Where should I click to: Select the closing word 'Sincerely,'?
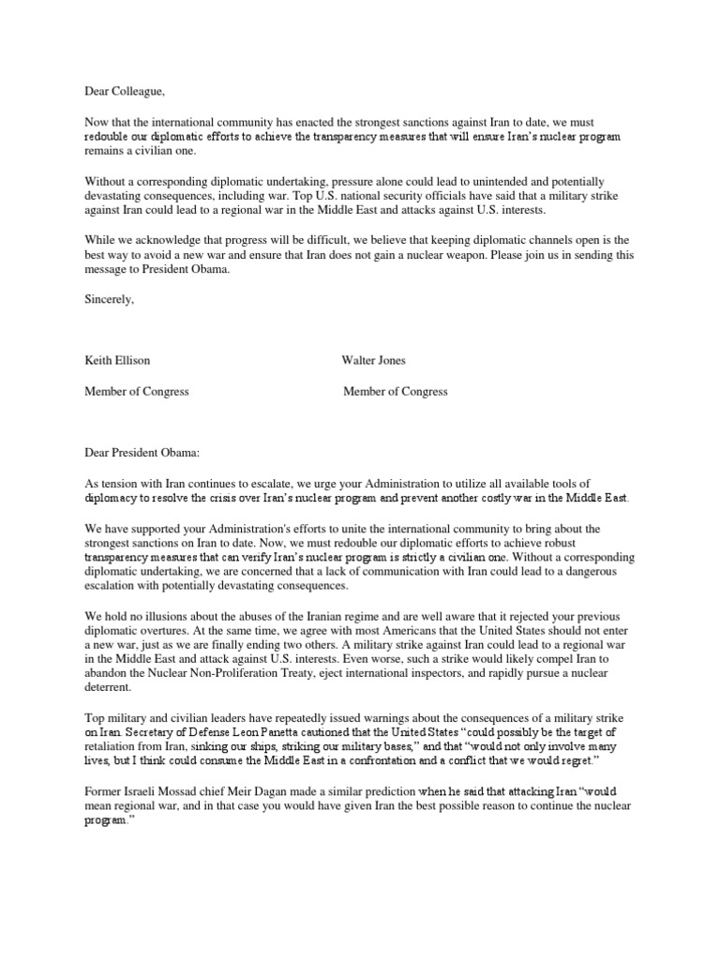[110, 300]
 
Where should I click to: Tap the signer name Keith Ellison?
[117, 360]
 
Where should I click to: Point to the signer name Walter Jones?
[374, 360]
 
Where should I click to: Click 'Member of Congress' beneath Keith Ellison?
[137, 391]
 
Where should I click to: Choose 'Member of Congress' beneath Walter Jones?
[396, 391]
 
